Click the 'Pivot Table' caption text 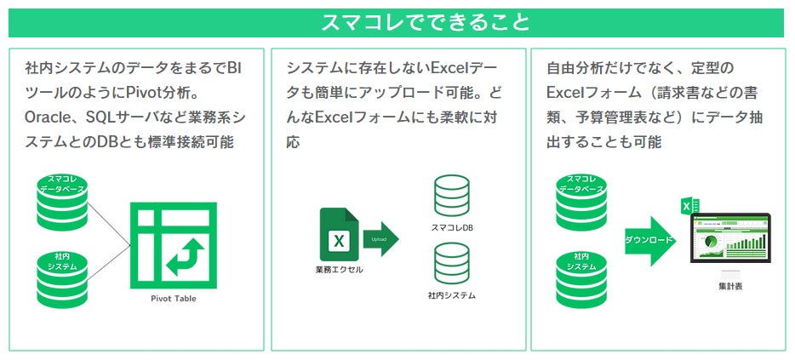(x=173, y=299)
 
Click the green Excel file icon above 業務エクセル (x=338, y=236)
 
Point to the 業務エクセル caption (x=338, y=271)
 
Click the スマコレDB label (x=451, y=229)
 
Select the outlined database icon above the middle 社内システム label (x=451, y=264)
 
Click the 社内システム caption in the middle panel (x=451, y=296)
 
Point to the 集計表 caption (x=730, y=287)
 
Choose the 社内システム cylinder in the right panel (x=581, y=272)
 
